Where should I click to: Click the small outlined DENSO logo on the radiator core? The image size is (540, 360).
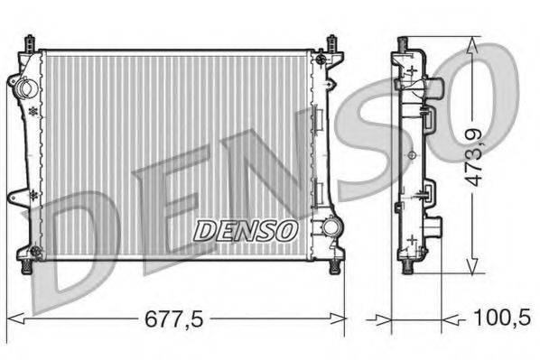tap(247, 230)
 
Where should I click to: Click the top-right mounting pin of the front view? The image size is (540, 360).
tap(331, 42)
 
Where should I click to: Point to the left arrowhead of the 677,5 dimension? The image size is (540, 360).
tap(13, 317)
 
